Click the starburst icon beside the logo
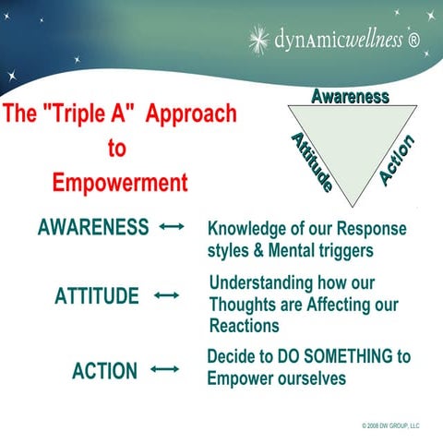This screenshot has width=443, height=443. click(x=259, y=38)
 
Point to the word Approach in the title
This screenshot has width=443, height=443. click(x=190, y=115)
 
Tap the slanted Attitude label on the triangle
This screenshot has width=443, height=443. click(x=311, y=162)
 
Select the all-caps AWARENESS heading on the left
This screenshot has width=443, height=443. click(x=93, y=227)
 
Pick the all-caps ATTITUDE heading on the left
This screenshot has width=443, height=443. click(x=97, y=296)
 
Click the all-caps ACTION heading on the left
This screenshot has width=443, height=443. click(x=104, y=371)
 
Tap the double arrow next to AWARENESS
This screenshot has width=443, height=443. click(x=172, y=227)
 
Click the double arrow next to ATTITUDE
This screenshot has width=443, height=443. click(x=166, y=296)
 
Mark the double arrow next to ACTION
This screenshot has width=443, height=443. click(x=164, y=370)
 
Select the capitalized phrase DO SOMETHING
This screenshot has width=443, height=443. click(x=353, y=356)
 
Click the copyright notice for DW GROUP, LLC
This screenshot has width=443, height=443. click(x=390, y=425)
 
